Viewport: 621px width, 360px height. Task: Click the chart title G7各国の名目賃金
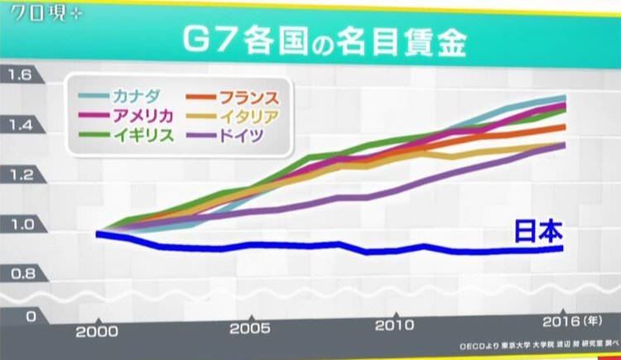coord(310,39)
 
